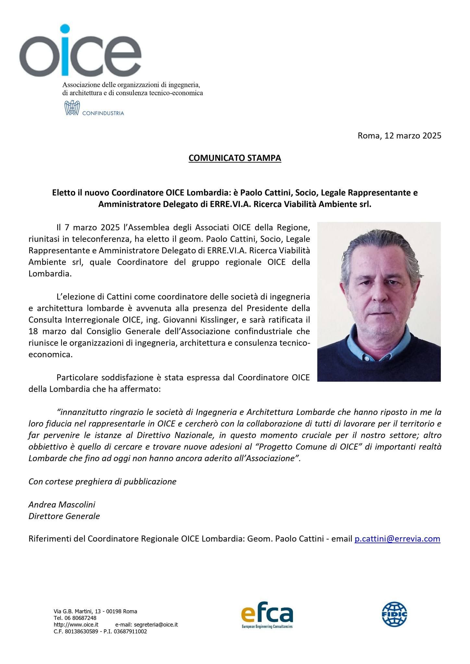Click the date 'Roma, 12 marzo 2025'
(x=399, y=136)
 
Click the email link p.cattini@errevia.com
(x=397, y=539)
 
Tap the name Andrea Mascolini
(x=62, y=505)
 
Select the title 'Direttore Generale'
(x=64, y=516)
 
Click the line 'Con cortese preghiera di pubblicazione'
(x=102, y=481)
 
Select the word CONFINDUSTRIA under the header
(x=103, y=113)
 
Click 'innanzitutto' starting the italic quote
(x=80, y=412)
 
